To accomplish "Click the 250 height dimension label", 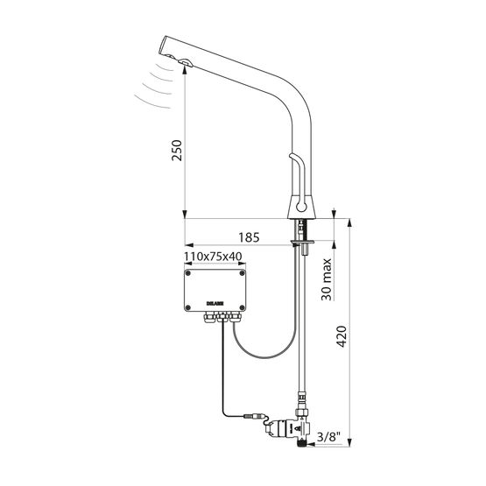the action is tap(177, 150).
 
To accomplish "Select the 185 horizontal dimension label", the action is tap(249, 237).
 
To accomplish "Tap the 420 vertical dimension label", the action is tap(342, 336).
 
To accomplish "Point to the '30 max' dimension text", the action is tap(326, 279).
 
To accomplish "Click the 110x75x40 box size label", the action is tap(213, 257).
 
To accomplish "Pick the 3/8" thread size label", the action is tap(328, 437).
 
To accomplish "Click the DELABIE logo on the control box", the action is tap(215, 304).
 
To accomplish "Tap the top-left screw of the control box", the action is tap(187, 273).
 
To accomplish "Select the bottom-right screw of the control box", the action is tap(242, 307).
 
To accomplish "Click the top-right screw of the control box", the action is tap(242, 273).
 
